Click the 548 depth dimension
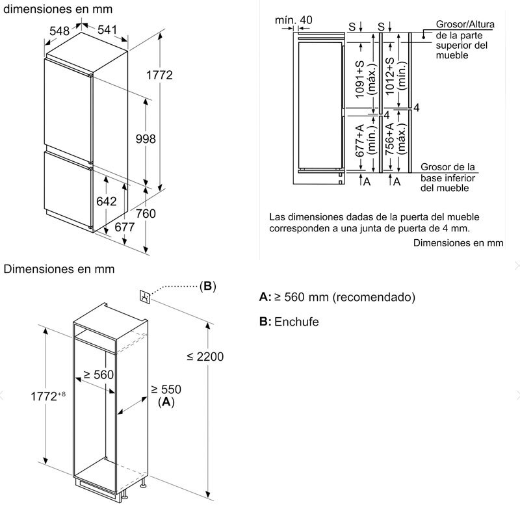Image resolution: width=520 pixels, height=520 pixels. click(x=59, y=30)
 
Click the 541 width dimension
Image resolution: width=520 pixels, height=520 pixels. click(x=107, y=30)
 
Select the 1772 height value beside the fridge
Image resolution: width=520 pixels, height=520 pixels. click(x=159, y=75)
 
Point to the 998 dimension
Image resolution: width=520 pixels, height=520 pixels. click(x=145, y=138)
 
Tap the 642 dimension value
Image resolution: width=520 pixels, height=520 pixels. click(x=106, y=201)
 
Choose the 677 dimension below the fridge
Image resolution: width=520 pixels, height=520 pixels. click(x=124, y=227)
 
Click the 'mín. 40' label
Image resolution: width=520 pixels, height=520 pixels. click(x=293, y=20)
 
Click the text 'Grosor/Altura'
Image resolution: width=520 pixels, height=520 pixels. click(x=464, y=25)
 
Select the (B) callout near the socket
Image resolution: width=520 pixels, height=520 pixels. click(x=207, y=286)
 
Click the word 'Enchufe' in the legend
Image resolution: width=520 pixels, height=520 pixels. click(x=296, y=322)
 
